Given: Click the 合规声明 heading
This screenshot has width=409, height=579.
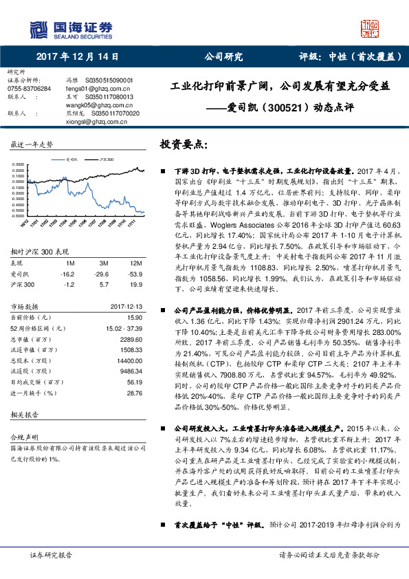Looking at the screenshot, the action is click(x=21, y=436).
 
